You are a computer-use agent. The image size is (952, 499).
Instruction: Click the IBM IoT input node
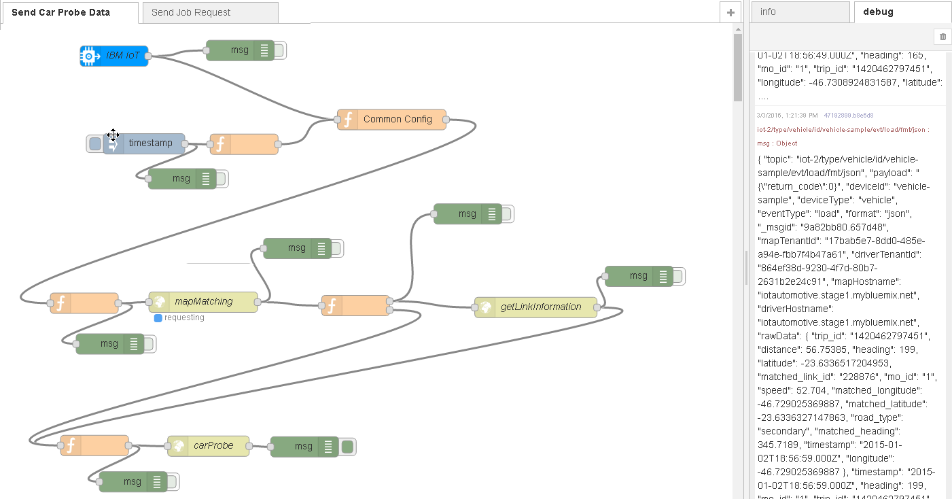pyautogui.click(x=114, y=56)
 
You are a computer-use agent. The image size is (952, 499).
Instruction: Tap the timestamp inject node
pyautogui.click(x=149, y=143)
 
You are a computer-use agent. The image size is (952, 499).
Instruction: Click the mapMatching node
pyautogui.click(x=203, y=301)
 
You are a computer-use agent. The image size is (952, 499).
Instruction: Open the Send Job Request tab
pyautogui.click(x=191, y=12)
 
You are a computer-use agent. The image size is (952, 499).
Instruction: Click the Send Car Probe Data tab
pyautogui.click(x=61, y=12)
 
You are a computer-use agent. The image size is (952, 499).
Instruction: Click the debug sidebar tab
pyautogui.click(x=878, y=12)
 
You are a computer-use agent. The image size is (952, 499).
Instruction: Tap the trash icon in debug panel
pyautogui.click(x=942, y=36)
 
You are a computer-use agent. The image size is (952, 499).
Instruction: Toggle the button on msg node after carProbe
pyautogui.click(x=347, y=447)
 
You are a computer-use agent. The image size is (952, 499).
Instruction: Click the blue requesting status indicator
pyautogui.click(x=158, y=317)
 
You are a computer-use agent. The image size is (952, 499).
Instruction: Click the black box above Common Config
pyautogui.click(x=394, y=84)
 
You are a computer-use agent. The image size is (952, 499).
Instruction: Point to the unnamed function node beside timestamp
pyautogui.click(x=244, y=144)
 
